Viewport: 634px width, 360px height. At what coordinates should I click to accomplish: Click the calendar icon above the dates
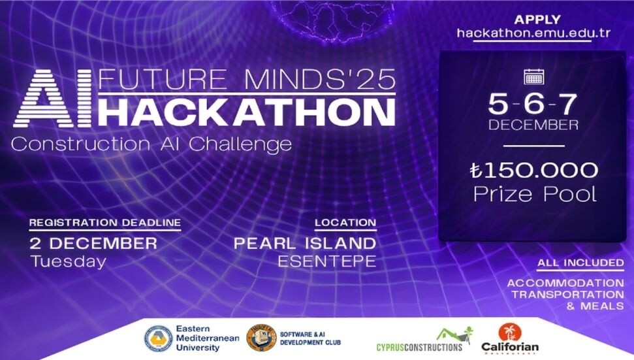point(533,77)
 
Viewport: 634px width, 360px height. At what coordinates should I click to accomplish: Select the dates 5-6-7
point(533,103)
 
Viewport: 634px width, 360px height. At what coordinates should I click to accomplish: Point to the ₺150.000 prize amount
point(533,171)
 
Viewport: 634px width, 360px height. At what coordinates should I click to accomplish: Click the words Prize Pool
point(533,194)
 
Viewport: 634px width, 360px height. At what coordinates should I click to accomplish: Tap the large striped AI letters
point(54,99)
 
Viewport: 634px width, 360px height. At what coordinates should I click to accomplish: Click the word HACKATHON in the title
point(250,112)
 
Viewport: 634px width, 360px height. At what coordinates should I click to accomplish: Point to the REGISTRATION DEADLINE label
point(104,223)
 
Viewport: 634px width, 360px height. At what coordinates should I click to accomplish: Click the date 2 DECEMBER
point(93,244)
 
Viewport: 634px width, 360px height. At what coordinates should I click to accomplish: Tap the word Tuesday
point(68,261)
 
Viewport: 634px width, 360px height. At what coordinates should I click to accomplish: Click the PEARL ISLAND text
point(305,244)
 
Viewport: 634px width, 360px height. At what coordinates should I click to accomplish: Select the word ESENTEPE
point(327,261)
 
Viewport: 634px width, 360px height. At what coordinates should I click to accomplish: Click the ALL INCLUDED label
point(580,263)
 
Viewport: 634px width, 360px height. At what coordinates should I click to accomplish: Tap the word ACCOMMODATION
point(565,283)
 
